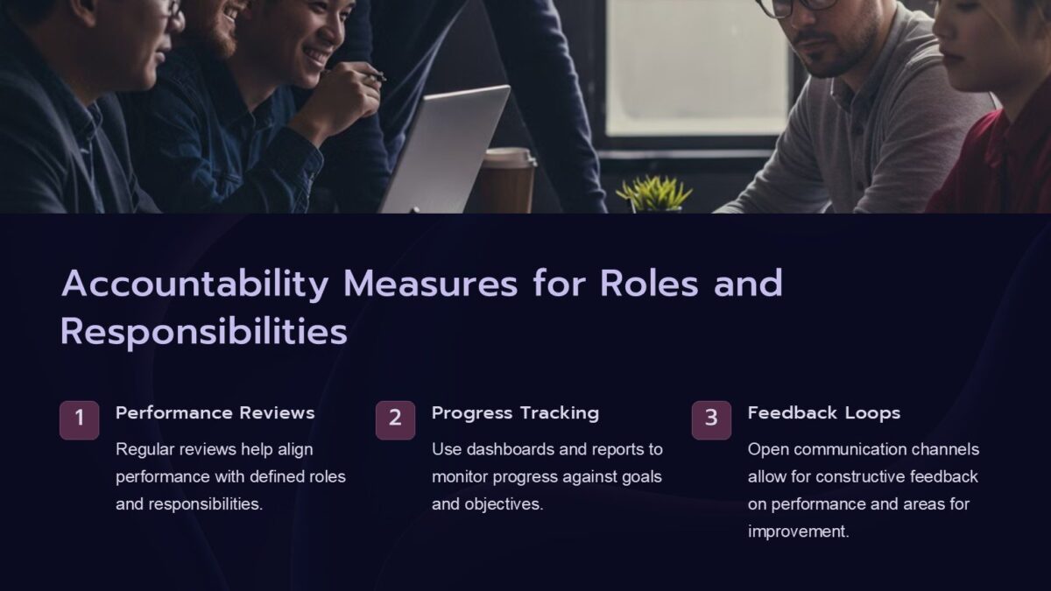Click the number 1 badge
[79, 419]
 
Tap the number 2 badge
[395, 419]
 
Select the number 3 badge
[711, 419]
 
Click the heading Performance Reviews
[215, 412]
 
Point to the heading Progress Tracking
[515, 412]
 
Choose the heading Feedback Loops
[823, 412]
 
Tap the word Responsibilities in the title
[203, 332]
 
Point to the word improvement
[798, 531]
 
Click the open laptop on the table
[447, 149]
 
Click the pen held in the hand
[374, 77]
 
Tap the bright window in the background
[696, 66]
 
